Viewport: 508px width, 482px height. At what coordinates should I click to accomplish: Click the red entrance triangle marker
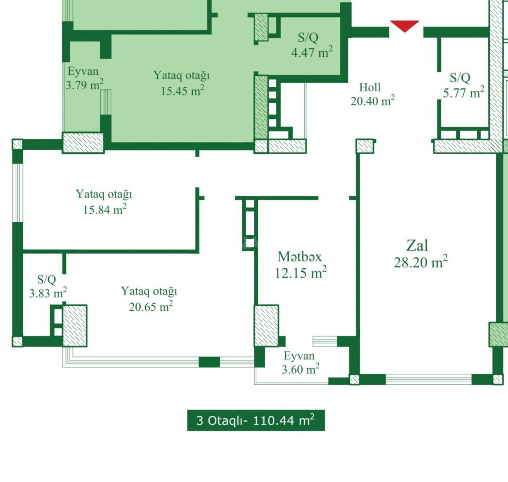(404, 26)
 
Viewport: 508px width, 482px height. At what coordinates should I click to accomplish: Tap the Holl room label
(370, 87)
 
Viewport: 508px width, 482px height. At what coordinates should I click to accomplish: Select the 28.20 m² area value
(420, 262)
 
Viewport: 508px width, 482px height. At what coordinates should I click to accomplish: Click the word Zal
(417, 245)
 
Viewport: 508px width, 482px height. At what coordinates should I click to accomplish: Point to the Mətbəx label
(300, 257)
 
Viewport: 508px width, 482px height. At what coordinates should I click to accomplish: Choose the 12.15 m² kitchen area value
(300, 272)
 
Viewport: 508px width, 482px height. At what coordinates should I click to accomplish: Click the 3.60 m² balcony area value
(300, 369)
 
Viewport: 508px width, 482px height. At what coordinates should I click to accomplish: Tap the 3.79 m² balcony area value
(84, 84)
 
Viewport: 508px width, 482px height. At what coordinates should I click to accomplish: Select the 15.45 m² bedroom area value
(182, 90)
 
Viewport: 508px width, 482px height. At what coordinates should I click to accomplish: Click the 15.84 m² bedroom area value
(105, 209)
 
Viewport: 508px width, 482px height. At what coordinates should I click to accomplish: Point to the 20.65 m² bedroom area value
(151, 306)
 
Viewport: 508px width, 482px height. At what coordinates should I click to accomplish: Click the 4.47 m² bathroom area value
(312, 52)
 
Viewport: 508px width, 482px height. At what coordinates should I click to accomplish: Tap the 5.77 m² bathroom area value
(463, 92)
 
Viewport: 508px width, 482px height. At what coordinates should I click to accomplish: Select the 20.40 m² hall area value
(372, 100)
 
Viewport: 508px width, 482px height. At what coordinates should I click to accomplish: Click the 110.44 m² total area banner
(256, 420)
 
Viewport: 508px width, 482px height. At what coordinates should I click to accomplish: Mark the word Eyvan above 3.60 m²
(299, 355)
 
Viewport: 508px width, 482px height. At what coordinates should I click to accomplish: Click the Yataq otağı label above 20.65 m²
(149, 291)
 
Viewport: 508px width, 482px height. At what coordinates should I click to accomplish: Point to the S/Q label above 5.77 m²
(460, 78)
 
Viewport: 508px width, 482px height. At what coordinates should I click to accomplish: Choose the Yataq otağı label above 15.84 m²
(104, 194)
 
